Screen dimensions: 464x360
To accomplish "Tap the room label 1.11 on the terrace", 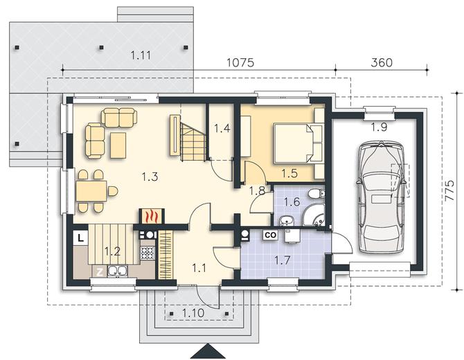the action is [141, 55].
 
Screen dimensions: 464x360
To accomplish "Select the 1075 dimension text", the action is [240, 63].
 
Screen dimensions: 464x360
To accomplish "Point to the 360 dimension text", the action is [382, 63].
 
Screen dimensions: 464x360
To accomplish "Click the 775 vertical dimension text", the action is [449, 190].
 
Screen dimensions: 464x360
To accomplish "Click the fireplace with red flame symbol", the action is [151, 216].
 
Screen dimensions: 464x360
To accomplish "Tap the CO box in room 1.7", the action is [271, 235].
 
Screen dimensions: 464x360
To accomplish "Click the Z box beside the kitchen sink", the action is [100, 271].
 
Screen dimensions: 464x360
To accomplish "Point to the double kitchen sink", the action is [118, 271].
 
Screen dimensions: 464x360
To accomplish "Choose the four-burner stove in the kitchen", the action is [148, 253].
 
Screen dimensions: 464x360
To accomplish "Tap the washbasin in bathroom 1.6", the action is [286, 220].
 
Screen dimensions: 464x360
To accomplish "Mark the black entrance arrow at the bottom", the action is [208, 351].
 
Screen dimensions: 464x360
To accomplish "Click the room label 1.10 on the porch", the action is [193, 313].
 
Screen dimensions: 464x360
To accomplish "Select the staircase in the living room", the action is [187, 138].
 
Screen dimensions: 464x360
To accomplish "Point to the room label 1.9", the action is [379, 127].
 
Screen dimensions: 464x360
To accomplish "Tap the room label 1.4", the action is [222, 128].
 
